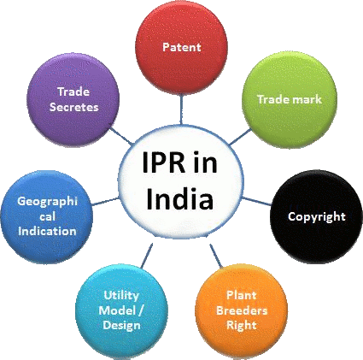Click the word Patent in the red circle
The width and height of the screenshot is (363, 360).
182,47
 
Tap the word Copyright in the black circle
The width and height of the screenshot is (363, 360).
317,217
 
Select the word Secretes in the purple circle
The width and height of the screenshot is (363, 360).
74,107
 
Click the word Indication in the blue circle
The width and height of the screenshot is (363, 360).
47,231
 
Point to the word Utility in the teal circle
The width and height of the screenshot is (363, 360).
121,296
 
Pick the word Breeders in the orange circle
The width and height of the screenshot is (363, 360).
242,310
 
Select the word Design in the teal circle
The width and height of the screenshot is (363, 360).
121,326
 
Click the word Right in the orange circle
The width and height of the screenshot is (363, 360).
242,325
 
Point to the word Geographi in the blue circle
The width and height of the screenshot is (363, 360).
47,202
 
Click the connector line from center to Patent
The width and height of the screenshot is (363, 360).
181,109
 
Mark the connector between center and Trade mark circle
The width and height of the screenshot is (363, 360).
240,137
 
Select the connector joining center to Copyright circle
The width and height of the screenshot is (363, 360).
256,201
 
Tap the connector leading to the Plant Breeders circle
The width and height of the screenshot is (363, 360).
216,256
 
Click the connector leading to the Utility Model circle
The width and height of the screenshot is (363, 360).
147,256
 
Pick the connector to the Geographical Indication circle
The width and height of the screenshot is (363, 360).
106,202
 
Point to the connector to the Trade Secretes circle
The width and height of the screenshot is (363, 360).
121,136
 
